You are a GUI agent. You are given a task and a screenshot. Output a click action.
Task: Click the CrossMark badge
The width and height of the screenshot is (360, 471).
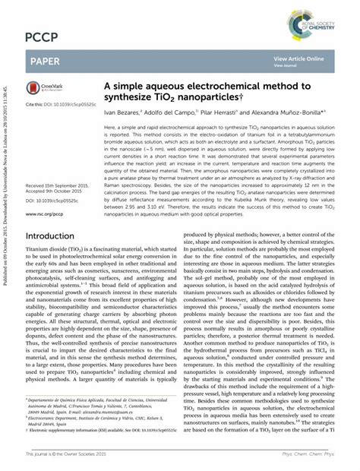[45, 89]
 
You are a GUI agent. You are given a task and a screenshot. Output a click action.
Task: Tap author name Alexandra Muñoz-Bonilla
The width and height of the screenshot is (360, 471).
[286, 112]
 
